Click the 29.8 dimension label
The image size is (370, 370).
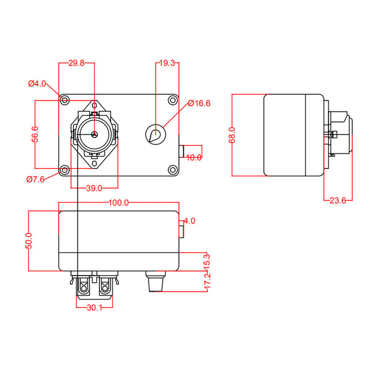pos(76,63)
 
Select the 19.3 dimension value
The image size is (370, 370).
pos(168,63)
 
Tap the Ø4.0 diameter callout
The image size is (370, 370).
pos(37,84)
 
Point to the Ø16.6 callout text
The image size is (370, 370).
pos(199,103)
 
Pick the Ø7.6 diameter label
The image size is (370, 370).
pos(36,179)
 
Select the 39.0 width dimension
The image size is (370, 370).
pos(94,189)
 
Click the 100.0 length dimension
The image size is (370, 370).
pos(118,202)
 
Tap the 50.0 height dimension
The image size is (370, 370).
pos(28,240)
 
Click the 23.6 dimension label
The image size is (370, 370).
pos(337,200)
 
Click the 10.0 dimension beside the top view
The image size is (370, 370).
pos(194,157)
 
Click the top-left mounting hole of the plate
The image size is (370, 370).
pos(65,100)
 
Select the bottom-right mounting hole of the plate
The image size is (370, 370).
pos(172,169)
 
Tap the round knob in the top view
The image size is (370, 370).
pos(155,133)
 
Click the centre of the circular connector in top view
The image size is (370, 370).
pos(94,134)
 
